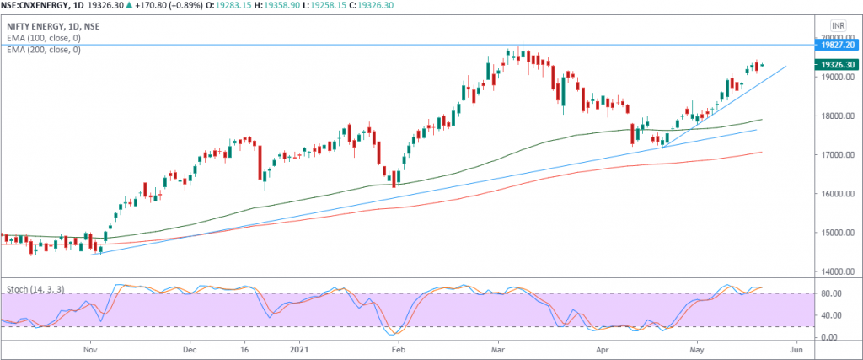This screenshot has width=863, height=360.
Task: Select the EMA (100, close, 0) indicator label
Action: click(42, 39)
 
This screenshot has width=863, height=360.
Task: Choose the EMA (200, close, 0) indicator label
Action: click(42, 50)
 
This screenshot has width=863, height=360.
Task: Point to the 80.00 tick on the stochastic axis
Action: click(831, 294)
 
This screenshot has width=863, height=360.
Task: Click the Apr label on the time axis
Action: click(602, 347)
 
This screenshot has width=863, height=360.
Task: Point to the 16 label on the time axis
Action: click(244, 347)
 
